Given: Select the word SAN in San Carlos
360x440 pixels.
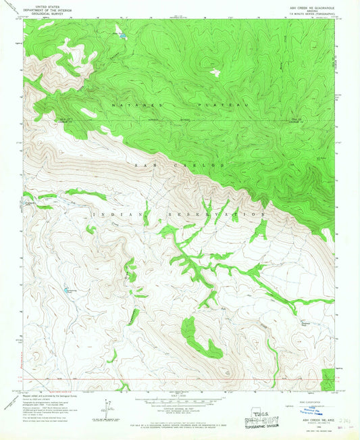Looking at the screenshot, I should pyautogui.click(x=144, y=165).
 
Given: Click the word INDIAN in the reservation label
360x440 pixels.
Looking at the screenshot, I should pyautogui.click(x=111, y=214).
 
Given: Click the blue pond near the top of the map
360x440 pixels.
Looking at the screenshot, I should pyautogui.click(x=122, y=34).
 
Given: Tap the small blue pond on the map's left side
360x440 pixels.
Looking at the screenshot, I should pyautogui.click(x=66, y=290).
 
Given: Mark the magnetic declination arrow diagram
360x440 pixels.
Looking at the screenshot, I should pyautogui.click(x=108, y=407).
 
